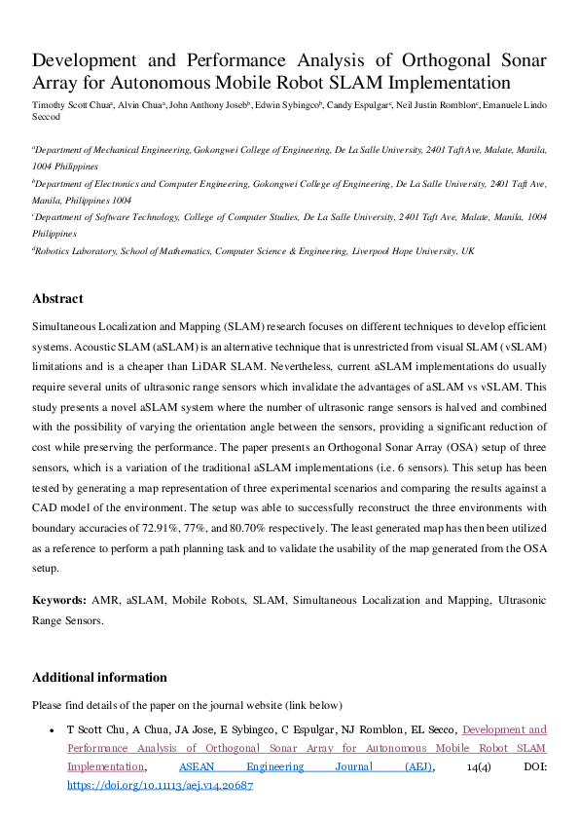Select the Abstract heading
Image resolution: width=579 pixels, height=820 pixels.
pyautogui.click(x=57, y=299)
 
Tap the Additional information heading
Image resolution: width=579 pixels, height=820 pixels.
pyautogui.click(x=99, y=678)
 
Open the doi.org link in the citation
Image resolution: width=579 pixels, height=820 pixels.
pyautogui.click(x=160, y=785)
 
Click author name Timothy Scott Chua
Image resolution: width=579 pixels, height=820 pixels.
pyautogui.click(x=72, y=102)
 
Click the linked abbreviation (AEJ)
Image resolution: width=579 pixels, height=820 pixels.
pyautogui.click(x=419, y=766)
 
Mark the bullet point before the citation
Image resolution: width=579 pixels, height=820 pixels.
pyautogui.click(x=51, y=730)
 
